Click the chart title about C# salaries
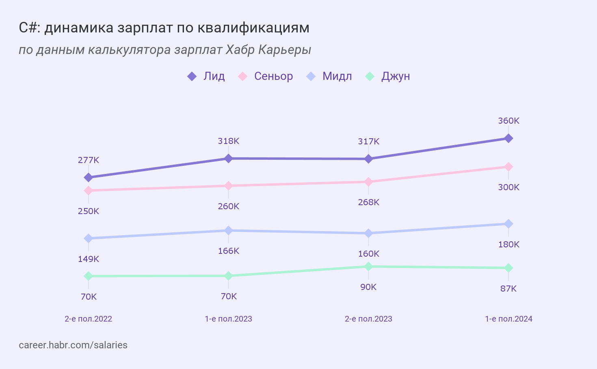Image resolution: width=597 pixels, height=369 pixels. coord(164,28)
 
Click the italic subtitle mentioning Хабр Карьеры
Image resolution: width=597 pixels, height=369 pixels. coord(165,50)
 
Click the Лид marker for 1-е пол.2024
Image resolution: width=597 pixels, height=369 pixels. coord(508,138)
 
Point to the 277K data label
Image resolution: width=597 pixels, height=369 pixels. coord(89,160)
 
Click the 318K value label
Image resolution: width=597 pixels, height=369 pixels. coord(229,141)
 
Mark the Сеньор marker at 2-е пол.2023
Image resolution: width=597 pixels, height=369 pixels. coord(368,182)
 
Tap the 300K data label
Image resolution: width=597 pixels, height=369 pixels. coord(509,187)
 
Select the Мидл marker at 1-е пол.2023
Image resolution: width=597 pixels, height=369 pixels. coord(229,230)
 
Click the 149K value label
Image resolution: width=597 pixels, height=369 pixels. coord(89,259)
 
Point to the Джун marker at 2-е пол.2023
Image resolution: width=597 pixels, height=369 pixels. coord(368,266)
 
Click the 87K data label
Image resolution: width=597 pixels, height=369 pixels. coord(508,289)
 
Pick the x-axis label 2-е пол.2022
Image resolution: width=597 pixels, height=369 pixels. coord(89,319)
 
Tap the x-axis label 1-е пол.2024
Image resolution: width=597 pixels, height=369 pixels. coord(508,319)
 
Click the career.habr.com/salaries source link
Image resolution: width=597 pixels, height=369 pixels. coord(73,345)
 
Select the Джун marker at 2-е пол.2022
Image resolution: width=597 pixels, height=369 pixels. coord(89,276)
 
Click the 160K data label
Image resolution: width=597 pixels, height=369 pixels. coord(369,254)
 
